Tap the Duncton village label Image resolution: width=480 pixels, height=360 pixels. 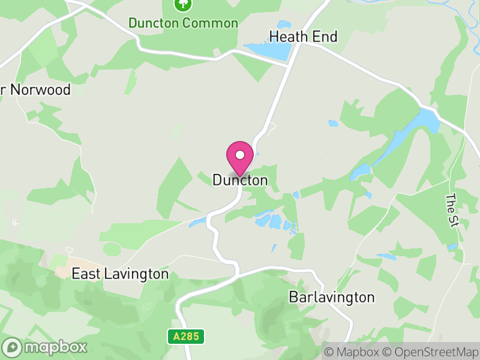[240, 180]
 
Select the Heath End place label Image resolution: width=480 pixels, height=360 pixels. [303, 37]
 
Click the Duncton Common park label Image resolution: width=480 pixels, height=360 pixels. [183, 23]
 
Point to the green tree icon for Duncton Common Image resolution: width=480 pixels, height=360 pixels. [182, 4]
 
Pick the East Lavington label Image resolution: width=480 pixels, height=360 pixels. [120, 274]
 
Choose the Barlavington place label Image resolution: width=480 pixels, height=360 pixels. [331, 297]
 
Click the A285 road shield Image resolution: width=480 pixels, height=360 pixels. [185, 337]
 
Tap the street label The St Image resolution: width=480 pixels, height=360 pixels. [452, 210]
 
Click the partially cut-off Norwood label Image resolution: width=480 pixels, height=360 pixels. [36, 90]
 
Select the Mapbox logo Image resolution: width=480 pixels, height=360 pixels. [45, 347]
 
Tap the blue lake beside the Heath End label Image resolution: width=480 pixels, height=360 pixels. [267, 51]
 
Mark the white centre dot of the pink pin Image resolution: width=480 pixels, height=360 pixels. [240, 155]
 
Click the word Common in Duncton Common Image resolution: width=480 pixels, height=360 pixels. [211, 23]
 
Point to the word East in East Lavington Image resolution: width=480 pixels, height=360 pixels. [85, 274]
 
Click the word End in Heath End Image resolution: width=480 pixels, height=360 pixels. [325, 37]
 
